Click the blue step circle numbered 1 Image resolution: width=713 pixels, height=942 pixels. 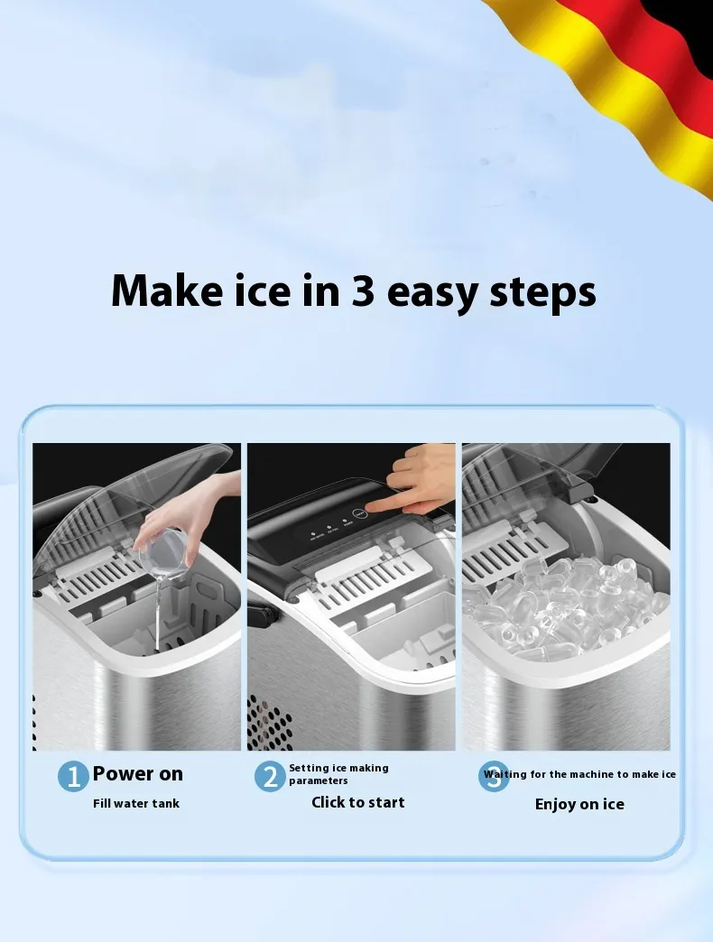(x=73, y=776)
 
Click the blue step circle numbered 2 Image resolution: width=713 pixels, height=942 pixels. (x=270, y=776)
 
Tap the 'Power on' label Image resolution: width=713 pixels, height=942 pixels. (x=137, y=774)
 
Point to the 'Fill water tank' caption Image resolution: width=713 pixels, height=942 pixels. (x=136, y=803)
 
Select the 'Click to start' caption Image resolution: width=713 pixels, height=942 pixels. (x=358, y=802)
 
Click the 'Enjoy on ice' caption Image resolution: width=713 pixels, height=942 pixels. (x=579, y=805)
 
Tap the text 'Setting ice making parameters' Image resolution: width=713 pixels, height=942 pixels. (x=338, y=774)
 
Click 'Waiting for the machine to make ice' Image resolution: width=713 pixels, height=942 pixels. (x=579, y=774)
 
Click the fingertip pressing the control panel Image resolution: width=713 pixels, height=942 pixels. (x=368, y=509)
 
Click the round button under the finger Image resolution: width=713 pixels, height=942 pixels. (x=358, y=514)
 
